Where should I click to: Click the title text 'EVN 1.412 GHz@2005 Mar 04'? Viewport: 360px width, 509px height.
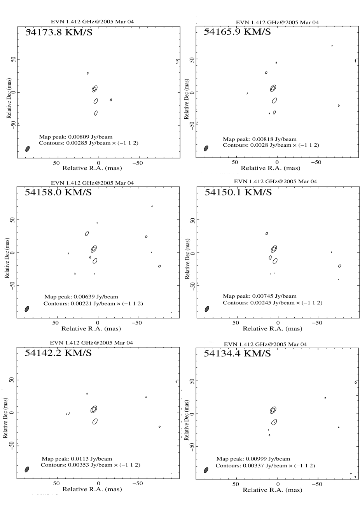click(x=95, y=183)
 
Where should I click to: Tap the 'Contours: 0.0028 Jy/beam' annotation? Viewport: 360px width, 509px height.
click(x=257, y=145)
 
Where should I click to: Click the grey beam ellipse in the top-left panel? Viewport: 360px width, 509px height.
click(x=28, y=149)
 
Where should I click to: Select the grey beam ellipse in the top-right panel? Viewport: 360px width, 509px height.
click(x=206, y=148)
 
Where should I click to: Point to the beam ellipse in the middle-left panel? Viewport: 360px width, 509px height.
click(x=27, y=309)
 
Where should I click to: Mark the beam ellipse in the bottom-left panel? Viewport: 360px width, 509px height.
click(x=27, y=469)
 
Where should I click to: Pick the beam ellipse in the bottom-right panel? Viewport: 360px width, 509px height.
click(x=206, y=470)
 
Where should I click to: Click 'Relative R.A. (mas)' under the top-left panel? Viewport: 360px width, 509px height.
click(x=92, y=168)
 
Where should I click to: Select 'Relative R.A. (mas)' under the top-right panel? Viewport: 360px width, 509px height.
click(x=270, y=168)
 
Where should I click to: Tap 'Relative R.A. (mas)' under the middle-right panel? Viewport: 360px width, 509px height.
click(x=272, y=328)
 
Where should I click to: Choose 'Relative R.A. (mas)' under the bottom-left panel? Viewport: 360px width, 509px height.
click(x=92, y=489)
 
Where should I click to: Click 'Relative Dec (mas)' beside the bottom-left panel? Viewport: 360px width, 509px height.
click(x=6, y=418)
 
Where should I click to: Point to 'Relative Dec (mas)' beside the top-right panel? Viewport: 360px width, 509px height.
click(x=186, y=99)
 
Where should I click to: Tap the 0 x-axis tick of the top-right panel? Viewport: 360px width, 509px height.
click(x=277, y=162)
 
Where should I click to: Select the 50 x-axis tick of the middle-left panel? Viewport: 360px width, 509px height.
click(x=56, y=323)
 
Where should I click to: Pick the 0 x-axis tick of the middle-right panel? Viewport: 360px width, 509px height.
click(x=278, y=323)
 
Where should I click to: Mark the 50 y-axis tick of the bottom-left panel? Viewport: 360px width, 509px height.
click(x=12, y=380)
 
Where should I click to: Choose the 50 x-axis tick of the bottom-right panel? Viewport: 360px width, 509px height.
click(x=236, y=484)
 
